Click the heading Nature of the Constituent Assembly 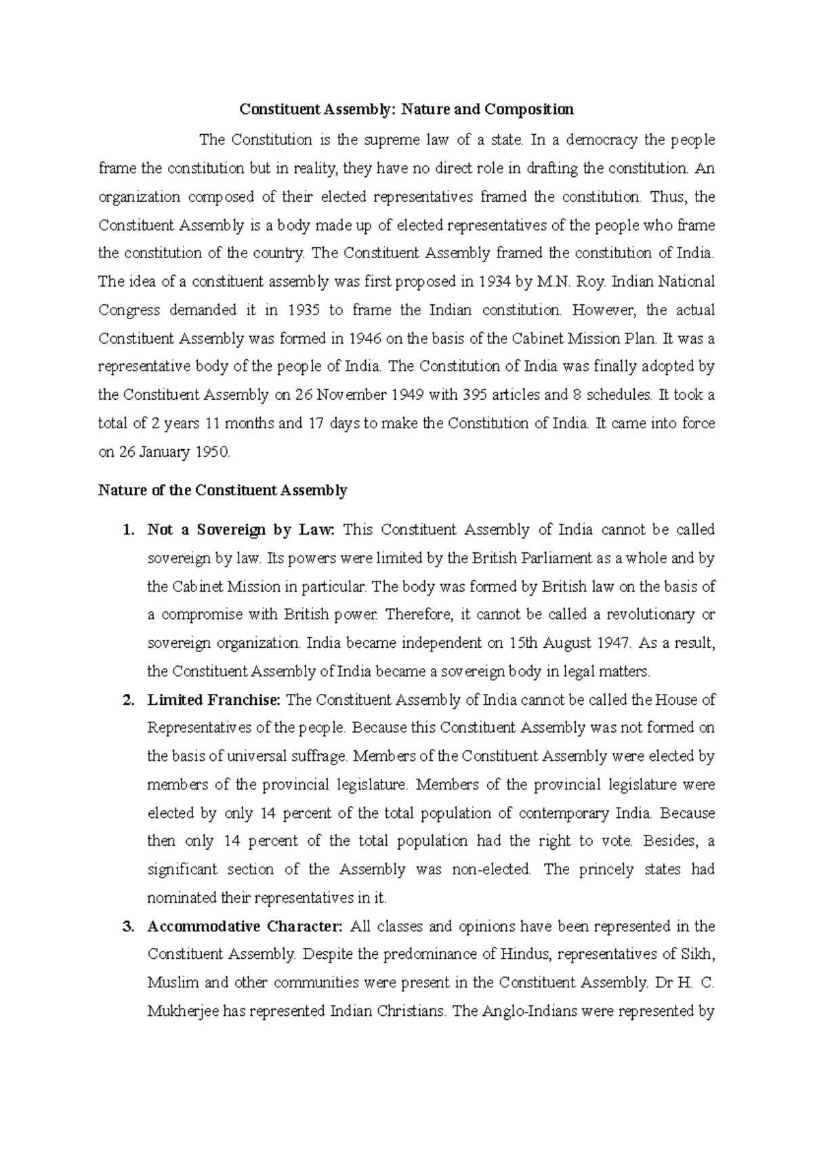pyautogui.click(x=222, y=491)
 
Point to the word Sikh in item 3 pyautogui.click(x=699, y=955)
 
